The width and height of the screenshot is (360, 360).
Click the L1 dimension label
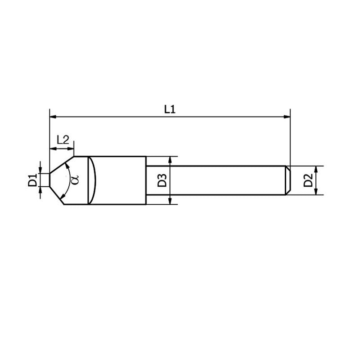[x=169, y=109]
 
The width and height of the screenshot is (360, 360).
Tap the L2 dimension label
[x=63, y=139]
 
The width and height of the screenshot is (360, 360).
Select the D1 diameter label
[x=32, y=180]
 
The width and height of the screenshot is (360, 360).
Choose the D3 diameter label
[x=162, y=180]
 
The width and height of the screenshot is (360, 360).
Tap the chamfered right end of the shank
[x=288, y=180]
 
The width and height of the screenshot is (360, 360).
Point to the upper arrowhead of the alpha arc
[x=67, y=165]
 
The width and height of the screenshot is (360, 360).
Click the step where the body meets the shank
[x=147, y=180]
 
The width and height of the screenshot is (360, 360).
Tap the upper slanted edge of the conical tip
[x=61, y=164]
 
